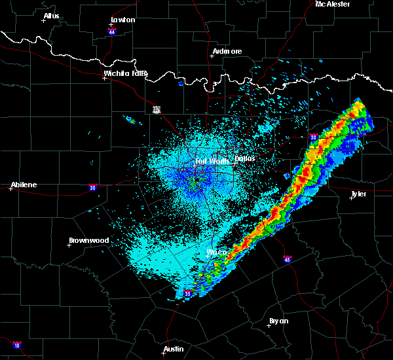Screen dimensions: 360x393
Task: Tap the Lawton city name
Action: pyautogui.click(x=122, y=20)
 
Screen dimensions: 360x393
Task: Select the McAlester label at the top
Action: pyautogui.click(x=333, y=4)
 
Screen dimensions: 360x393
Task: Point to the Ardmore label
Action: pyautogui.click(x=227, y=51)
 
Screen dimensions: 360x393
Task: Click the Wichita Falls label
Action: pyautogui.click(x=125, y=73)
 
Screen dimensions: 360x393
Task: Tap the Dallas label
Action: pyautogui.click(x=245, y=158)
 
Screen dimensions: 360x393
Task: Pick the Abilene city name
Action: pyautogui.click(x=23, y=185)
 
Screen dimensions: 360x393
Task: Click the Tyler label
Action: pyautogui.click(x=359, y=194)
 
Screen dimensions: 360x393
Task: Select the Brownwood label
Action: pyautogui.click(x=90, y=240)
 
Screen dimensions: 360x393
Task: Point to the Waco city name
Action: pyautogui.click(x=216, y=252)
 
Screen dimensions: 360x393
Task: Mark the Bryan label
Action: pyautogui.click(x=279, y=321)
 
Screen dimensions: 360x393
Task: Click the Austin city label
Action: pyautogui.click(x=174, y=349)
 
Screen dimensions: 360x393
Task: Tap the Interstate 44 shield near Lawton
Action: pyautogui.click(x=112, y=31)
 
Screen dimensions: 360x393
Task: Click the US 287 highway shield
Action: pyautogui.click(x=157, y=109)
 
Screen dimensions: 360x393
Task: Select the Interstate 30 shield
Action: pyautogui.click(x=313, y=137)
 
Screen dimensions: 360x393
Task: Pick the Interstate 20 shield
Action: pyautogui.click(x=92, y=187)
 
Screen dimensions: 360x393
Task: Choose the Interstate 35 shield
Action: pyautogui.click(x=188, y=293)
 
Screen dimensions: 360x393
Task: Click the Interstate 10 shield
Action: pyautogui.click(x=16, y=344)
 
